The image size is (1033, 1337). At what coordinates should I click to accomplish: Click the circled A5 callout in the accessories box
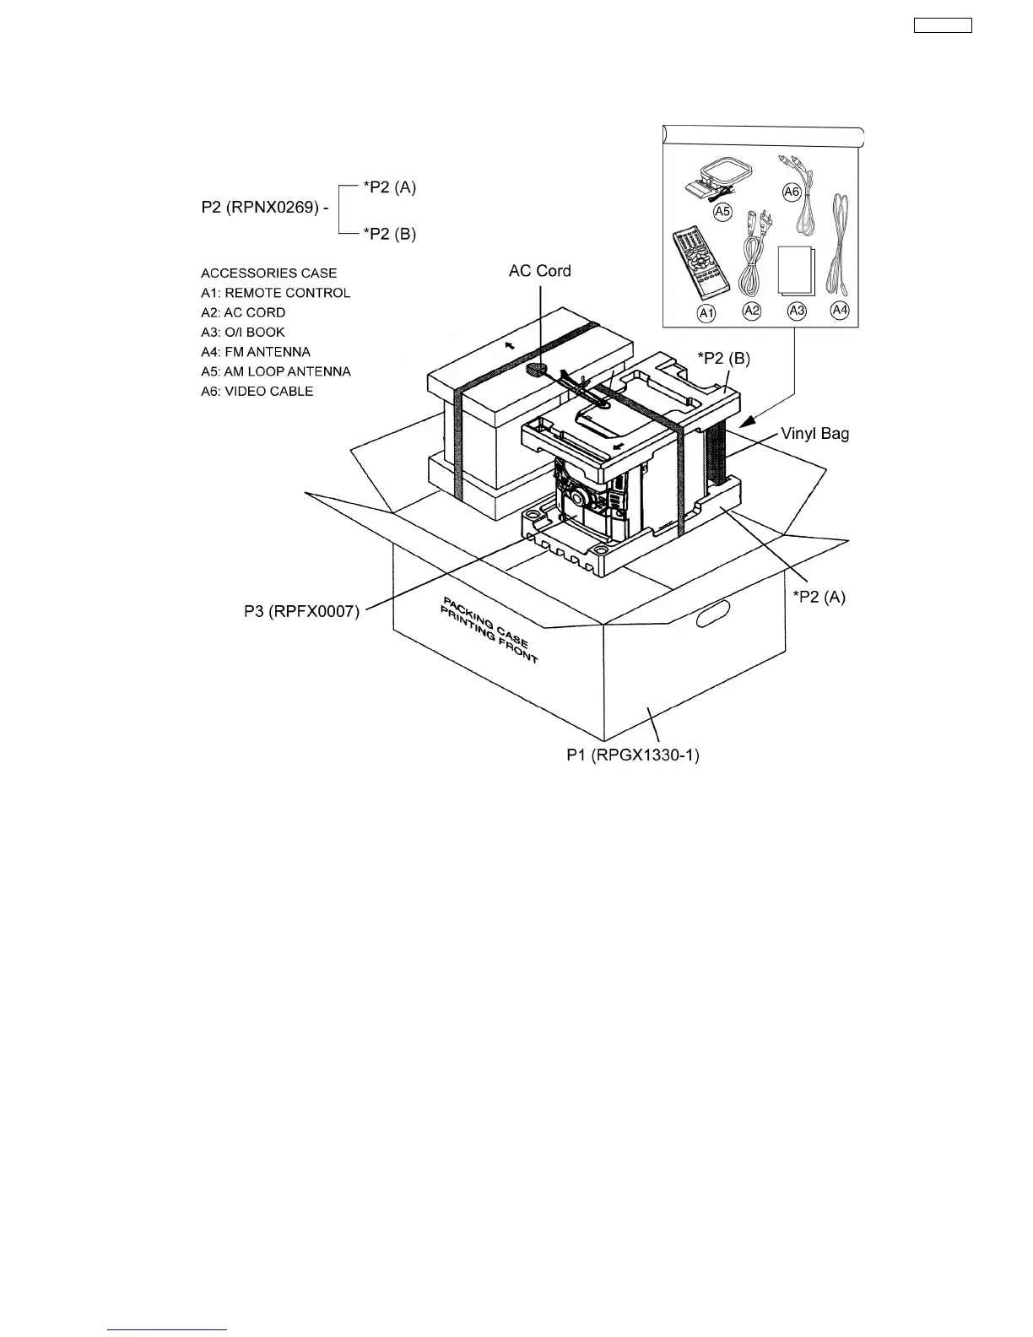coord(722,212)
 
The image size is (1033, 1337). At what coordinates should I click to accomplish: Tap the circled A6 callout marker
coord(792,192)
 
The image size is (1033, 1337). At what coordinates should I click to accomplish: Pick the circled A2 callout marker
coord(751,311)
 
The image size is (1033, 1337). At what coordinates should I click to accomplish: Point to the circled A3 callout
coord(796,311)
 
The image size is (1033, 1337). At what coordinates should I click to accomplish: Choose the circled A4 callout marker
coord(840,310)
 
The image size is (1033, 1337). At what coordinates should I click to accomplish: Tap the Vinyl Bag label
coord(814,434)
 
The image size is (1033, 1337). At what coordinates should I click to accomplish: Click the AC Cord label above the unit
coord(539,271)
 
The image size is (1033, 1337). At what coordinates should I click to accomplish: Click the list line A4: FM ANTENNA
coord(256,352)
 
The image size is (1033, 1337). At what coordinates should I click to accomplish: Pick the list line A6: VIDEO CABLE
coord(257,392)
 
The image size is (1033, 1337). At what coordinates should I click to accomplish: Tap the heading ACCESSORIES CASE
coord(268,273)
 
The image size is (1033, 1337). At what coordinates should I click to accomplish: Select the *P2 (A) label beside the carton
coord(819,598)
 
